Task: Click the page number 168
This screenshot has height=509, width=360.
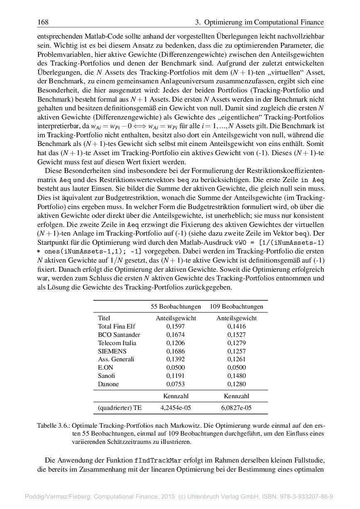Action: point(43,22)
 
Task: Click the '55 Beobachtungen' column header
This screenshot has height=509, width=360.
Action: point(176,307)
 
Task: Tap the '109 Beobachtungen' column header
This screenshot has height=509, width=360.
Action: point(236,307)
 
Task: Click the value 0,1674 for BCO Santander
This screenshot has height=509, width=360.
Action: point(176,335)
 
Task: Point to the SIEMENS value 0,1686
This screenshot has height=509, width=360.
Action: point(176,351)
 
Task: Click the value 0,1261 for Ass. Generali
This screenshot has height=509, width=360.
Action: point(236,359)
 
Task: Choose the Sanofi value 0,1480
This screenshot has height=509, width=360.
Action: point(236,376)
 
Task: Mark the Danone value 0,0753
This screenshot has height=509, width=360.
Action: point(176,384)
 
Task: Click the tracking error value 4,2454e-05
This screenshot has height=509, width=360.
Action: point(176,408)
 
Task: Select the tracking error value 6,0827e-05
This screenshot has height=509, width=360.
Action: point(236,408)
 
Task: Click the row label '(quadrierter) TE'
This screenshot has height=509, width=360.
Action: point(120,408)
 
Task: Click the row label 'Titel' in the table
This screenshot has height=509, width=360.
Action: point(104,318)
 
